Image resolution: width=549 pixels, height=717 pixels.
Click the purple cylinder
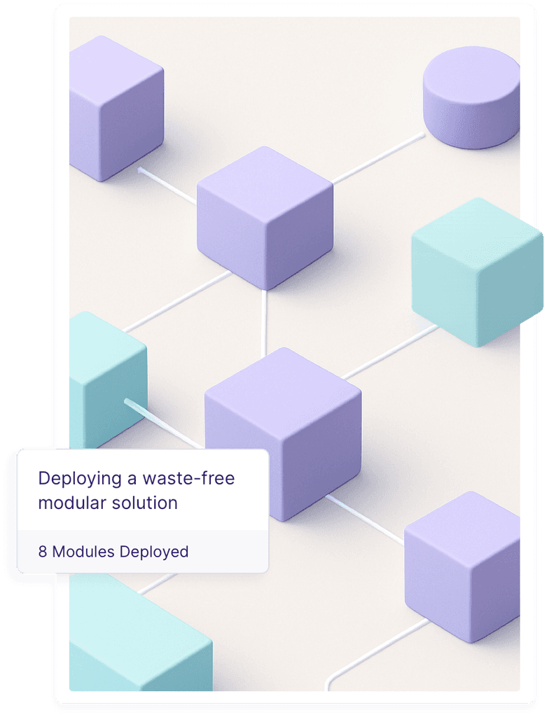(471, 98)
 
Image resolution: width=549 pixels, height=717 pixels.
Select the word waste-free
(188, 479)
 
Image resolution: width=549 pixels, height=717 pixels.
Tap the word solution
(145, 502)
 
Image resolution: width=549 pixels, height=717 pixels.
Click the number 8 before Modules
(43, 552)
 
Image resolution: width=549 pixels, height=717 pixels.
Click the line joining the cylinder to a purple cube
(378, 158)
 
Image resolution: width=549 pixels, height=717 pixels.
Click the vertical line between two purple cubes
(264, 322)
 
